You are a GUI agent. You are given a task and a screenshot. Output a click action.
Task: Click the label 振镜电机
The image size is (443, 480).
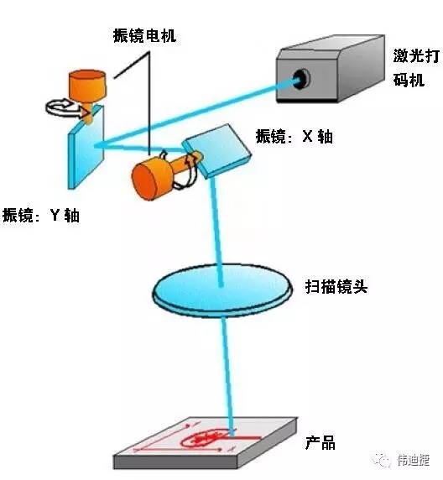pos(144,36)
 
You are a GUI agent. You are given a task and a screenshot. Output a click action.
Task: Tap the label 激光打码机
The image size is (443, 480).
pos(416,68)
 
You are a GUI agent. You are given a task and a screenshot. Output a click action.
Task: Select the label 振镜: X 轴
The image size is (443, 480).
pos(294,136)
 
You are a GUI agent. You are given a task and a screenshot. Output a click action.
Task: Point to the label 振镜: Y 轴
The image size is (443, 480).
pos(41,215)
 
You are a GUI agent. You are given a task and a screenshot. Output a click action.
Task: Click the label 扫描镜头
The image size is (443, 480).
pos(336,286)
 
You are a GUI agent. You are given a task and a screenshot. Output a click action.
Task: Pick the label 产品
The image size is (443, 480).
pos(321,442)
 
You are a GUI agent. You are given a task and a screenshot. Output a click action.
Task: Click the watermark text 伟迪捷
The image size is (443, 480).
pos(414,460)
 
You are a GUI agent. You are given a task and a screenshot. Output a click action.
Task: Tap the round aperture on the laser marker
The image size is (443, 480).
pos(301,79)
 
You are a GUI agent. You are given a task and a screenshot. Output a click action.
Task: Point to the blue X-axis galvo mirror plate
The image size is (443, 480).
pos(216,150)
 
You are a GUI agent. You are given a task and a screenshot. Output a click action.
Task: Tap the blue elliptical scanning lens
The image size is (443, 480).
pos(222,290)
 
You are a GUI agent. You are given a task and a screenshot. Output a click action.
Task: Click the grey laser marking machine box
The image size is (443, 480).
pos(330,69)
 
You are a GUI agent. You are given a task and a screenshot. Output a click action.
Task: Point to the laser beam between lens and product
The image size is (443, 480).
pos(228,374)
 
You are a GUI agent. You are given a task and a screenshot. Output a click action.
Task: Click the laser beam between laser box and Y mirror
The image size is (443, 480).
pos(196,112)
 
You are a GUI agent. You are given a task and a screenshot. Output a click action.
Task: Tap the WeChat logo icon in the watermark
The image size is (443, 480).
pos(382,460)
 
